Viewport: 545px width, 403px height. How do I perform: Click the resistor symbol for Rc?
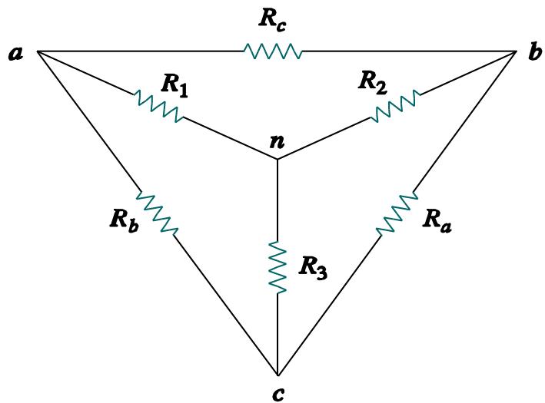(x=272, y=51)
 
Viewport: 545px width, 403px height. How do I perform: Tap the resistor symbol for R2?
(x=395, y=106)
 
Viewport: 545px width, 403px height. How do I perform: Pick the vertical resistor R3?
(x=277, y=266)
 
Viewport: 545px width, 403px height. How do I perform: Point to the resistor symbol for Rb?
(x=158, y=213)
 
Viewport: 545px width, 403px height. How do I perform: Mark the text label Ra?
(x=437, y=222)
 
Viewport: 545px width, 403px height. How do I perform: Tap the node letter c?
(x=277, y=394)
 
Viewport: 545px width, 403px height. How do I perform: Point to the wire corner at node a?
(x=37, y=53)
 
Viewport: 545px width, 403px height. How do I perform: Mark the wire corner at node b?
(x=517, y=52)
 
